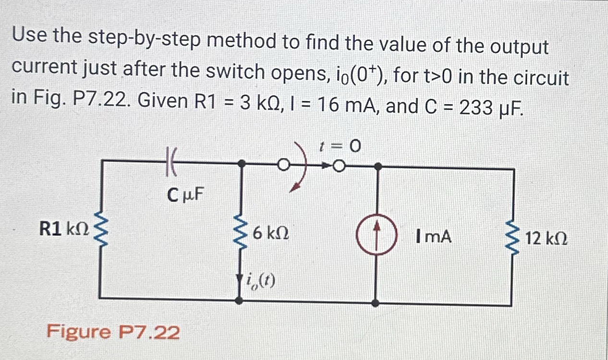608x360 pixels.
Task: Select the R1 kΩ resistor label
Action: click(x=64, y=229)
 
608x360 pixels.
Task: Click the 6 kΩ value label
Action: click(x=270, y=234)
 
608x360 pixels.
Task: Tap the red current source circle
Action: click(x=377, y=237)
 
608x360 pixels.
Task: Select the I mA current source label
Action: click(x=435, y=236)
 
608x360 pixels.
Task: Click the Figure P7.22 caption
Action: click(x=113, y=332)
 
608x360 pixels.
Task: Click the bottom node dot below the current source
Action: click(x=377, y=303)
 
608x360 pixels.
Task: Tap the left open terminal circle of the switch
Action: click(x=283, y=166)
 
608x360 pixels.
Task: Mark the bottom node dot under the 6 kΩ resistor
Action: click(x=240, y=300)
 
